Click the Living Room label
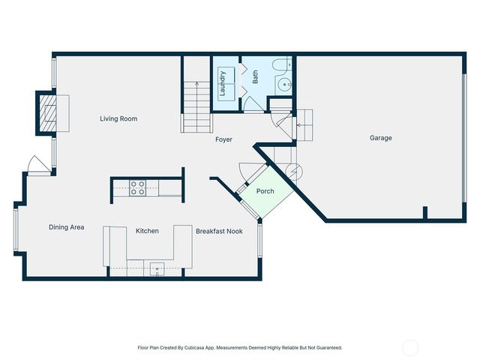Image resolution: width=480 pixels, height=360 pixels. point(119,118)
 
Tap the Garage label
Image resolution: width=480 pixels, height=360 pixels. point(380,138)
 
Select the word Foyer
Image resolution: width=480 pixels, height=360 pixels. point(223,139)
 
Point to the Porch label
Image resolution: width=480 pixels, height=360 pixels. point(265,191)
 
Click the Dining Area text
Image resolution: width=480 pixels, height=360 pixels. point(66,227)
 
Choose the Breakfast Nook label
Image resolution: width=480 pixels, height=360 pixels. point(219,232)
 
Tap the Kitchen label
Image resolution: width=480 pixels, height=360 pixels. point(147,231)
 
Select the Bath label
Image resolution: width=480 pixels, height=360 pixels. point(255,76)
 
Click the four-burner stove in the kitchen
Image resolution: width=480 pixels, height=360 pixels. point(137,187)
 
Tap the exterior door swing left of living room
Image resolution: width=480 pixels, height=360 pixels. point(36,164)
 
